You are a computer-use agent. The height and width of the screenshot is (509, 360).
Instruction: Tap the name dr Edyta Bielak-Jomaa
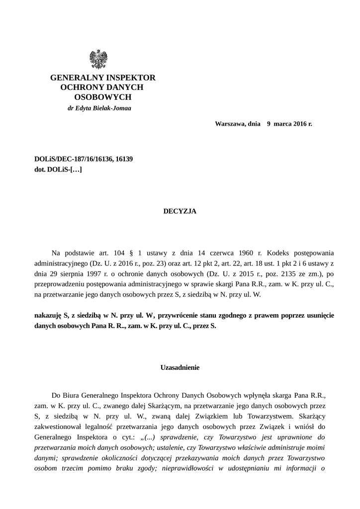pos(99,108)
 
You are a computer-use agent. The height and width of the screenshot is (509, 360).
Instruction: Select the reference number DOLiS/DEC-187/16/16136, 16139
pos(83,159)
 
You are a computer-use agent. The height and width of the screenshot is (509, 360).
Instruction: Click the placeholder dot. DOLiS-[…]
pos(58,170)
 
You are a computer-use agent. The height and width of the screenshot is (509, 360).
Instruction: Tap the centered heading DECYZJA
pos(180,211)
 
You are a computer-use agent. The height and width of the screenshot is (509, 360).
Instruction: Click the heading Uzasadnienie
pos(180,368)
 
